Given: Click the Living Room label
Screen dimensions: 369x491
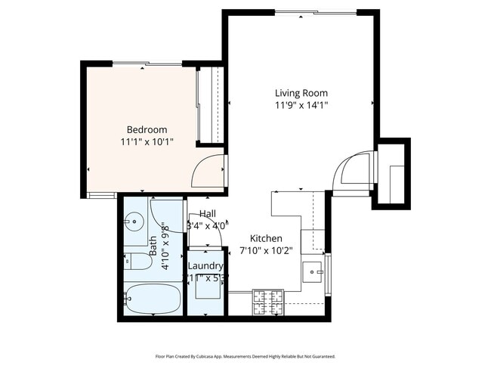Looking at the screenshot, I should point(301,93).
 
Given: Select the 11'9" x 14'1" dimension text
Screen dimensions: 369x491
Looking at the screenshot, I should point(301,106).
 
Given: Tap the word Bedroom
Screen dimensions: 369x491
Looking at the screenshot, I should point(147,129).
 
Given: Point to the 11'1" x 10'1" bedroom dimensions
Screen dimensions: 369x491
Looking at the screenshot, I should point(147,141).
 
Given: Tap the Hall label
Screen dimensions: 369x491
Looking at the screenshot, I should point(207,214).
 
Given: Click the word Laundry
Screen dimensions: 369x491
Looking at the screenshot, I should point(205,266).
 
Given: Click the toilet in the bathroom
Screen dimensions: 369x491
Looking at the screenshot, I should point(137,264).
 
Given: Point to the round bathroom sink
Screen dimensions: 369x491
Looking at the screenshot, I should point(135,222).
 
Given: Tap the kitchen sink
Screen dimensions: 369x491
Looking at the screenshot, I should point(312,271).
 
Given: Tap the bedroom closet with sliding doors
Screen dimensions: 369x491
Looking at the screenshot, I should point(208,106).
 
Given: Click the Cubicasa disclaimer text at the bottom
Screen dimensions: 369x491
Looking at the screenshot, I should point(245,356).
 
